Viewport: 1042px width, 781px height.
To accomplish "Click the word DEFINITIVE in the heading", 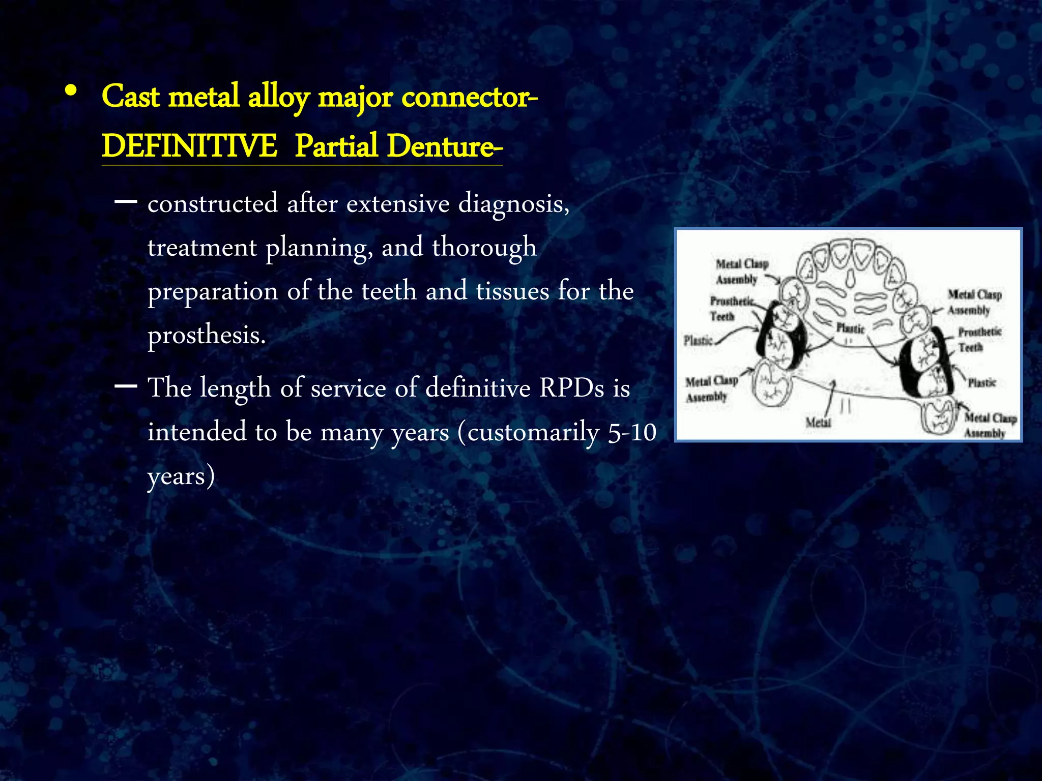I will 189,146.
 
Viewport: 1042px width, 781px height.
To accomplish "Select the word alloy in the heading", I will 278,97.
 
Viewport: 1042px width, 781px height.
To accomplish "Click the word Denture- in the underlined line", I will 444,146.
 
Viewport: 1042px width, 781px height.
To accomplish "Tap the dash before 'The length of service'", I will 126,386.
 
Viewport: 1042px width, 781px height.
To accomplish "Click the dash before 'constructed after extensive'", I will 126,202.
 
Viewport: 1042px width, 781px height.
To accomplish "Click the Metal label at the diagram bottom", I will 818,422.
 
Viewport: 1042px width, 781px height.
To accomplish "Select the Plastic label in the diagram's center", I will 850,328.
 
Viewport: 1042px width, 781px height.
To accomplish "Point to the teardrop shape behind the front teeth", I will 849,278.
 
